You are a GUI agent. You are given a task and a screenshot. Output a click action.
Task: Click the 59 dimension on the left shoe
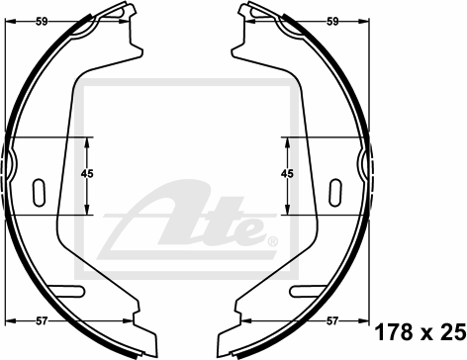pyautogui.click(x=42, y=22)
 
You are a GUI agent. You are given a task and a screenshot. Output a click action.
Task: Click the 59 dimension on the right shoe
pyautogui.click(x=332, y=22)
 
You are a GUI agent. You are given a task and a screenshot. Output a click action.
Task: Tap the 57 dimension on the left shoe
pyautogui.click(x=42, y=320)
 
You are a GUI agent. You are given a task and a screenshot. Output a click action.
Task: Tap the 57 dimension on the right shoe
pyautogui.click(x=332, y=320)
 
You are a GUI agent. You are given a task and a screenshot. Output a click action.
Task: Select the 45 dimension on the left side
pyautogui.click(x=87, y=173)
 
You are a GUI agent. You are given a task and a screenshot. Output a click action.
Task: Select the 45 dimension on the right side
pyautogui.click(x=287, y=173)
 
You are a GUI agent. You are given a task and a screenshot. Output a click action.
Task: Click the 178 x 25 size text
pyautogui.click(x=420, y=332)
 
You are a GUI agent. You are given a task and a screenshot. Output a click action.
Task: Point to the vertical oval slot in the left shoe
pyautogui.click(x=39, y=193)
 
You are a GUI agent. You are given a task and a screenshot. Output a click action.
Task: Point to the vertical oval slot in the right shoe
pyautogui.click(x=335, y=193)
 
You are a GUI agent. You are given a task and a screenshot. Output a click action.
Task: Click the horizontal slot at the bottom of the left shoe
pyautogui.click(x=68, y=291)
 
